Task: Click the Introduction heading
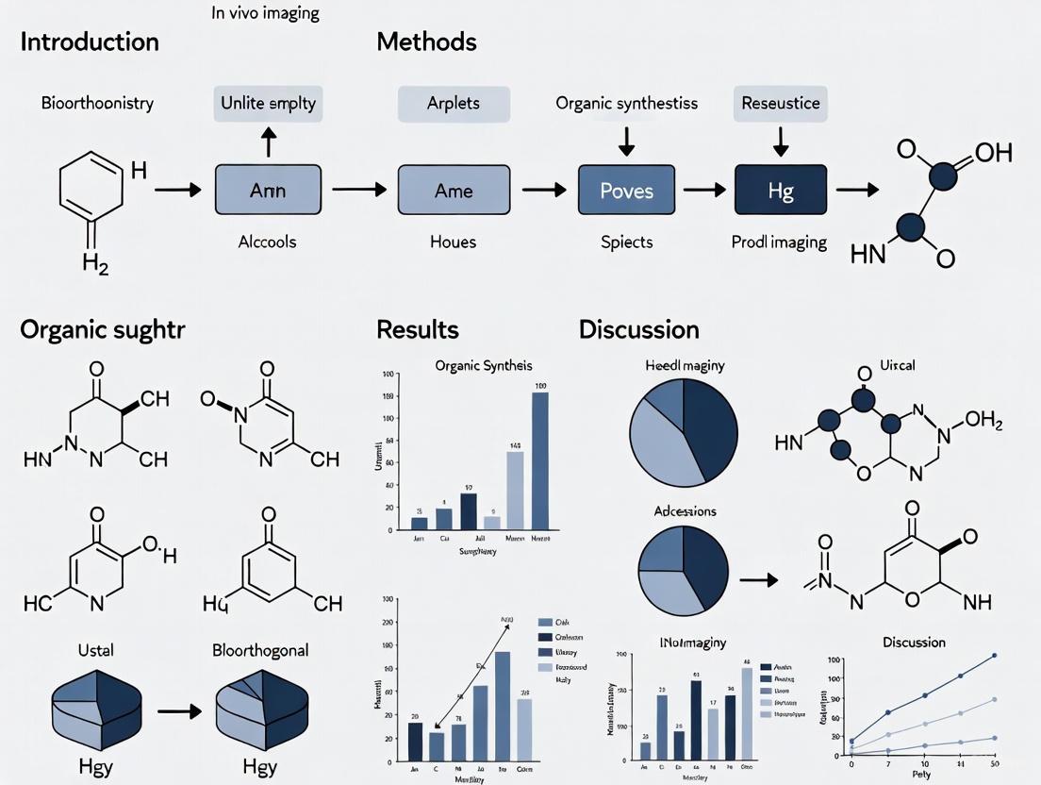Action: (90, 42)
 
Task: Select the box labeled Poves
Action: (626, 192)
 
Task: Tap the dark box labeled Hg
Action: (780, 192)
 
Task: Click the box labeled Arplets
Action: (453, 103)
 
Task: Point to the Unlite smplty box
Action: (270, 103)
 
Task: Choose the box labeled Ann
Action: (268, 192)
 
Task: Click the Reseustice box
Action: (780, 103)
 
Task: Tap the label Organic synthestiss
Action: (626, 103)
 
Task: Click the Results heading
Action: (418, 329)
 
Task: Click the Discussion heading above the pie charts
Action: (639, 329)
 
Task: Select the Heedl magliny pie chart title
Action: (685, 366)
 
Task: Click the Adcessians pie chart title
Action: (685, 511)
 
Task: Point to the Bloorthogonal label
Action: (260, 650)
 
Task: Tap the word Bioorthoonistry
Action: (97, 103)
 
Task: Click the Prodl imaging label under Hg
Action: (780, 242)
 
